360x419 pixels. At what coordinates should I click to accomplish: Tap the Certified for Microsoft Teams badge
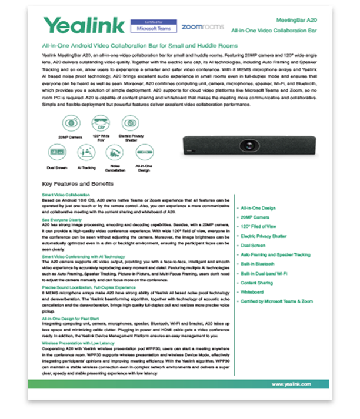153,26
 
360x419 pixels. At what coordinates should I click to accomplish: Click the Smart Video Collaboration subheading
66,195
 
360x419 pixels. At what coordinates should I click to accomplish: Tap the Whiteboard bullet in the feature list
252,291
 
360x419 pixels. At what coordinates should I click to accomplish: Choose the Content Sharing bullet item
257,283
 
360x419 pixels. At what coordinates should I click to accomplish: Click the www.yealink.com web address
291,384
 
